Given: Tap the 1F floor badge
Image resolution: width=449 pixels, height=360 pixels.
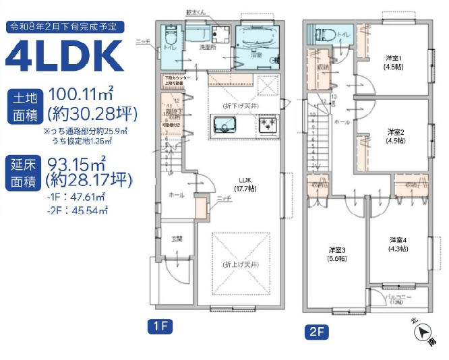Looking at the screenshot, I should (x=160, y=328).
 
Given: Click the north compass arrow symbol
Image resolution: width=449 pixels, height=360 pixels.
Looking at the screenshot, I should (x=423, y=332).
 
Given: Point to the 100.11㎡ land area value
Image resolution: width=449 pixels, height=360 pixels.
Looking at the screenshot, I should (x=88, y=96).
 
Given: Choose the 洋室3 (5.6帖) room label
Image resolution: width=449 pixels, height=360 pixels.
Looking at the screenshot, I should (x=336, y=253).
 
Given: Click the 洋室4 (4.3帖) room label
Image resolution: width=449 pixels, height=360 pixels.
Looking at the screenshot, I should (x=397, y=244).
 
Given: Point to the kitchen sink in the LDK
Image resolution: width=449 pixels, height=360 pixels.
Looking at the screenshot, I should (x=223, y=125).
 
